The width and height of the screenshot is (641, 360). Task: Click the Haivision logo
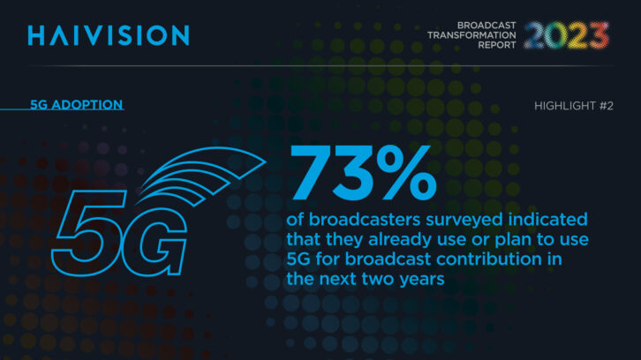[x=109, y=35]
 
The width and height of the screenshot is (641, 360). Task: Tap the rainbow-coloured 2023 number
[x=567, y=35]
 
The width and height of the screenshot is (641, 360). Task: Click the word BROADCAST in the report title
[x=486, y=26]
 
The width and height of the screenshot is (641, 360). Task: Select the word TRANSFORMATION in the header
[x=471, y=35]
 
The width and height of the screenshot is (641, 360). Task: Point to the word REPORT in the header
[x=497, y=45]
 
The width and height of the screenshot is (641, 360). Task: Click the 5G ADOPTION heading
[x=77, y=105]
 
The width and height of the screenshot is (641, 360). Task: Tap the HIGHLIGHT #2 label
[x=574, y=106]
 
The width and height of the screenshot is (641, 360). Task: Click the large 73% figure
[x=363, y=172]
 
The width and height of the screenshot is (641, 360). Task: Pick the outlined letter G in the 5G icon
[x=155, y=241]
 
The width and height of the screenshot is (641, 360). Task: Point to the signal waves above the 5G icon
[x=201, y=175]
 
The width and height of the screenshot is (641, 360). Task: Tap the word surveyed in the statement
[x=464, y=221]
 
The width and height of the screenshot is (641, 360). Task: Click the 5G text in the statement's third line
[x=298, y=259]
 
